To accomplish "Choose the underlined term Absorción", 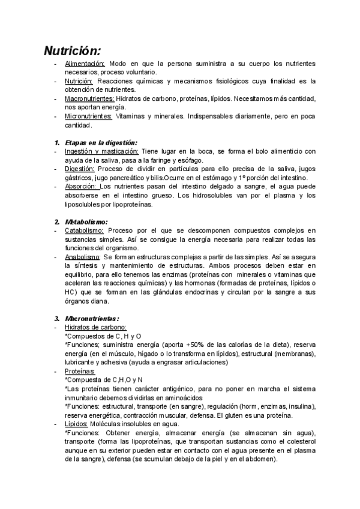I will click(x=80, y=187).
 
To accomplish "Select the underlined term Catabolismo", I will click(x=84, y=230).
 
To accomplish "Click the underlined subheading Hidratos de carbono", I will click(x=95, y=327).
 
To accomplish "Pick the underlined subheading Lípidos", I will click(x=76, y=424).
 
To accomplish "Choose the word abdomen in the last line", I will click(x=262, y=459).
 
